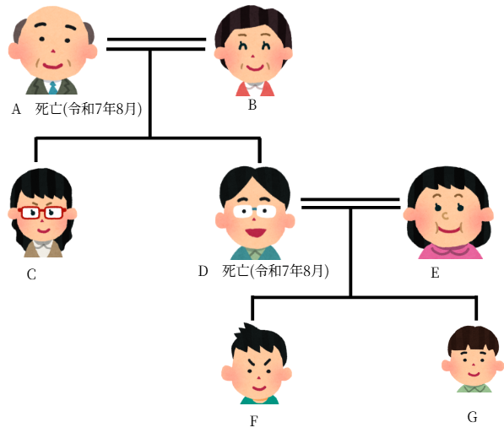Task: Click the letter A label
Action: coord(16,109)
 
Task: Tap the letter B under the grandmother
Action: coord(252,105)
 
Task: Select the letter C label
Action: coord(31,274)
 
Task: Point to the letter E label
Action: coord(435,273)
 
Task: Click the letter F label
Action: coord(254,421)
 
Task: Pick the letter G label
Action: coord(472,417)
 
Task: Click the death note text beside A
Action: coord(89,109)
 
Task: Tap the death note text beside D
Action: coord(275,271)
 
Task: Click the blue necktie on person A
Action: coord(53,88)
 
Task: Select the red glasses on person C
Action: coord(42,213)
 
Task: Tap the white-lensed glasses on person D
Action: coord(255,212)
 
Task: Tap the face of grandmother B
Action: coord(253,55)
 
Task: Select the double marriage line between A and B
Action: coord(156,45)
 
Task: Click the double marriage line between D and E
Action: coord(350,203)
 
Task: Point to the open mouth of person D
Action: coord(256,232)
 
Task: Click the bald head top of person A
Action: coord(53,16)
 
